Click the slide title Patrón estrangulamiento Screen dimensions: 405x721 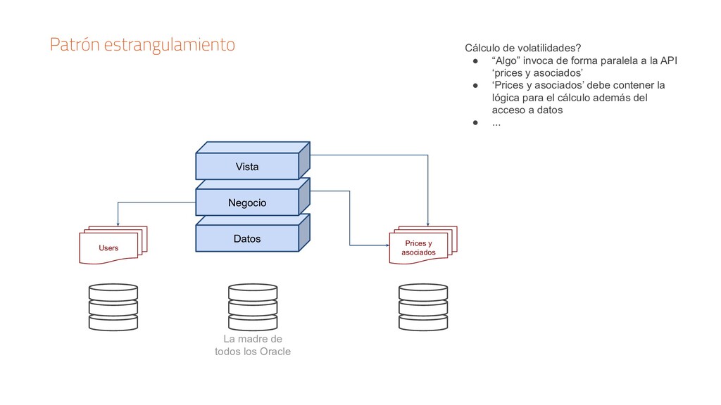[142, 46]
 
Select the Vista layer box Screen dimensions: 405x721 [247, 167]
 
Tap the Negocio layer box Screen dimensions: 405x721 [247, 202]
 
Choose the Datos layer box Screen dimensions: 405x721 [247, 239]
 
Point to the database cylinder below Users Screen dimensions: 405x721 [113, 307]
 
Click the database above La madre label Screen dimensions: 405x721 [253, 307]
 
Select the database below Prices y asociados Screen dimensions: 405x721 [422, 307]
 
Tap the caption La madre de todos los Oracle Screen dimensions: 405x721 [252, 345]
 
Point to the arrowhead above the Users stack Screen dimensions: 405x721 [118, 223]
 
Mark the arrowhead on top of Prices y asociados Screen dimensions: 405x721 [428, 223]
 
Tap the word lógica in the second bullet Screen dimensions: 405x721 [507, 98]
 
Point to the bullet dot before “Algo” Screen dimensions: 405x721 [476, 60]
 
